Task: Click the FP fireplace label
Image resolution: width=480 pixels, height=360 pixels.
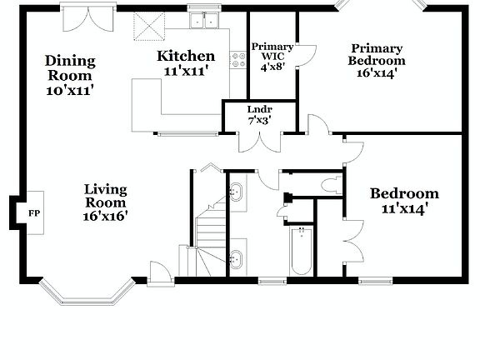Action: click(x=34, y=213)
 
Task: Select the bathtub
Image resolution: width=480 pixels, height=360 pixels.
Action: click(x=300, y=250)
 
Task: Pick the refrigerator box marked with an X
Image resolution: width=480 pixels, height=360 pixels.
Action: click(x=151, y=30)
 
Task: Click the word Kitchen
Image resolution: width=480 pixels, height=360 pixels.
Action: click(x=187, y=57)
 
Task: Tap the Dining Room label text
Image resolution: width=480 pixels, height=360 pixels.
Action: click(x=70, y=67)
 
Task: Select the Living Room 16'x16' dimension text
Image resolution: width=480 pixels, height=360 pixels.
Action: click(x=105, y=215)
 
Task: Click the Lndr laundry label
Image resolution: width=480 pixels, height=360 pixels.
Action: click(x=259, y=110)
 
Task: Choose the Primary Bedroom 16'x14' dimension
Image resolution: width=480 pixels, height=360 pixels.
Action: click(x=377, y=72)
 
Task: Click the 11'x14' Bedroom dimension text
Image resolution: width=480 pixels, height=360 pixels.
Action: click(x=404, y=207)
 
